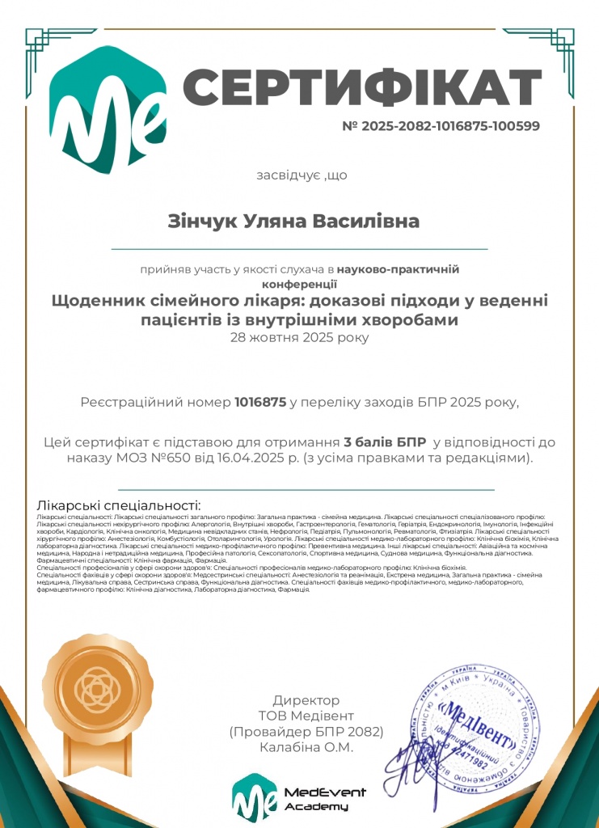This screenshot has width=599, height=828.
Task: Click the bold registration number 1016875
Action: [260, 402]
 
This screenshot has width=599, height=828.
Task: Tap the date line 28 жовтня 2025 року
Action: [299, 336]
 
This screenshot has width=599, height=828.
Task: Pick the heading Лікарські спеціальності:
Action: [118, 505]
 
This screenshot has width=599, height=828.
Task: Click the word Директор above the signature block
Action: [306, 700]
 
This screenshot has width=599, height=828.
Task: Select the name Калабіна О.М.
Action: [306, 748]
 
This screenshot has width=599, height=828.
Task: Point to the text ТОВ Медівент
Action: [306, 716]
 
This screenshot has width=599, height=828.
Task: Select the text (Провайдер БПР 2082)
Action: [306, 732]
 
